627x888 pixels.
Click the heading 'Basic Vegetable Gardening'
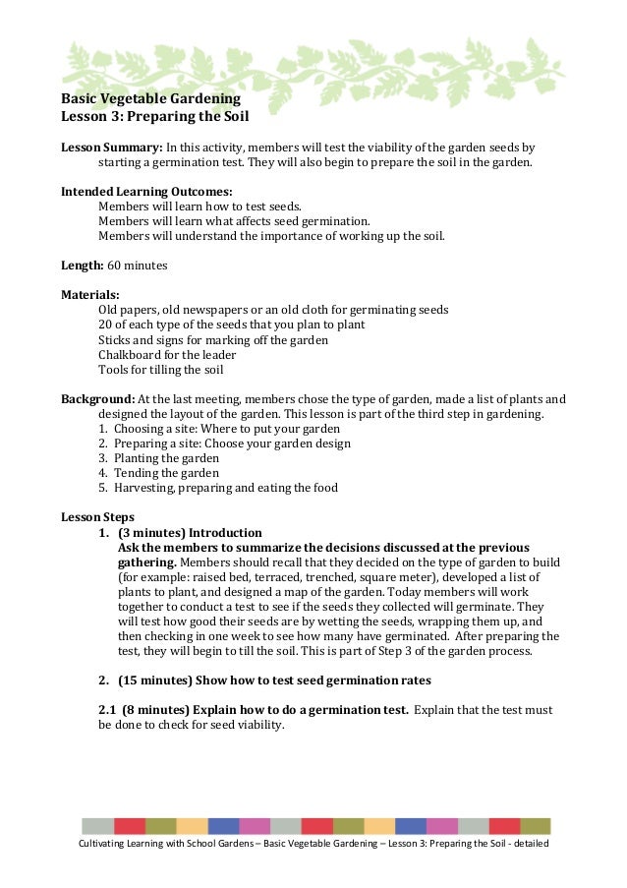(150, 99)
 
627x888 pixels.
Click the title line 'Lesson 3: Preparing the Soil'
(155, 118)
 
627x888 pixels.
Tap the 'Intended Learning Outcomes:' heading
(146, 191)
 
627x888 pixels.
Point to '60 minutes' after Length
(137, 266)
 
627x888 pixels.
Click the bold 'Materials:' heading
(90, 294)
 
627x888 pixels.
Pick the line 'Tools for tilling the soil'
(160, 370)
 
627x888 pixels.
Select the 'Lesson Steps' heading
(98, 517)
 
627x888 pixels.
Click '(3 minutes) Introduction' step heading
(189, 532)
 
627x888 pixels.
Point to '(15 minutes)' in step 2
(154, 680)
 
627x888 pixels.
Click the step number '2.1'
(108, 709)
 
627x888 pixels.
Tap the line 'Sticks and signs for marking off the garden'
(213, 339)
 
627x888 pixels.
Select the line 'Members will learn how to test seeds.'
(199, 207)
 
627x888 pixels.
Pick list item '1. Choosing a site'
(219, 429)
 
